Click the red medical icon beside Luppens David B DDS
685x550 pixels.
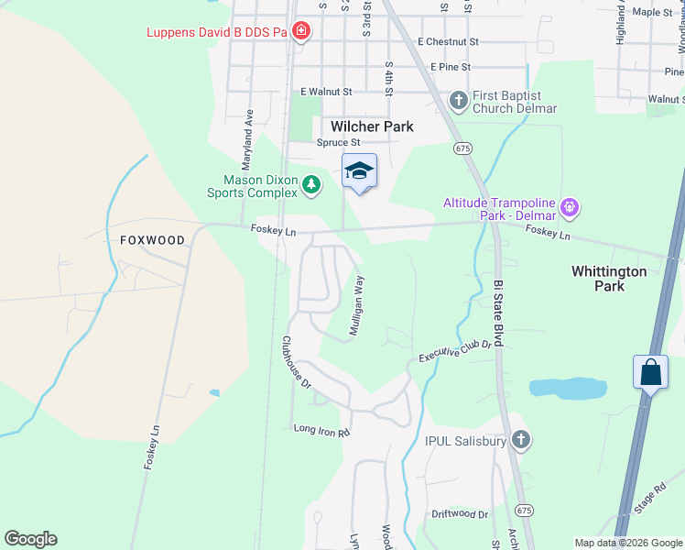click(x=301, y=33)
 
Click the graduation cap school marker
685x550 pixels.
click(x=359, y=170)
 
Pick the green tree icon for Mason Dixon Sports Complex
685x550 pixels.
click(x=312, y=185)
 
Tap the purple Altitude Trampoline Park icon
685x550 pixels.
click(x=570, y=207)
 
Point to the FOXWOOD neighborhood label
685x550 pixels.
click(x=152, y=240)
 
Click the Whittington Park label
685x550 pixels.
click(x=609, y=279)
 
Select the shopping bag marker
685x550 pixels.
click(x=649, y=372)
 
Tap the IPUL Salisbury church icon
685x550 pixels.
click(x=521, y=441)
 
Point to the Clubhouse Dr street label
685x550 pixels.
click(x=297, y=361)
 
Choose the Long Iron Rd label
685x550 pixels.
click(x=321, y=429)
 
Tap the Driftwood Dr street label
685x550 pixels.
click(x=460, y=515)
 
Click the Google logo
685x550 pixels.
click(x=30, y=539)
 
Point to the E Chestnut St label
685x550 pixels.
click(x=448, y=41)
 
